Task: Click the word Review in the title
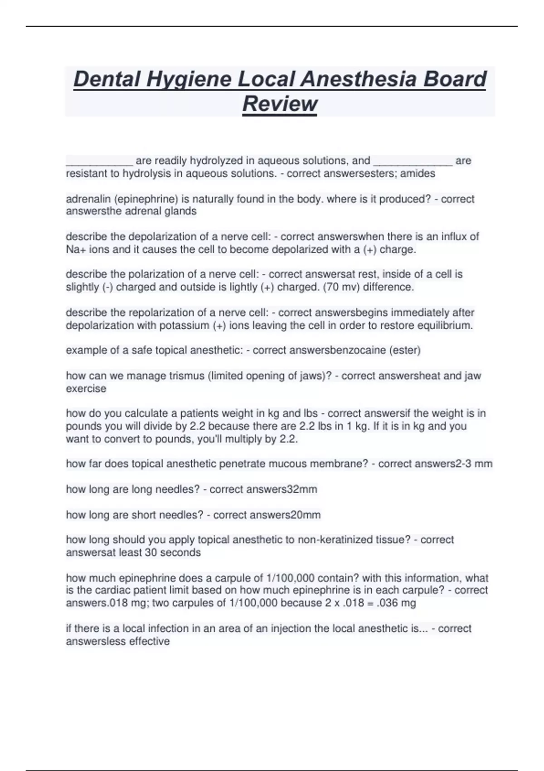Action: tap(280, 103)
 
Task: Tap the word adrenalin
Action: tap(89, 199)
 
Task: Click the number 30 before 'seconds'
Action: tap(150, 553)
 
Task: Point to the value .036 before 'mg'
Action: tap(389, 603)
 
